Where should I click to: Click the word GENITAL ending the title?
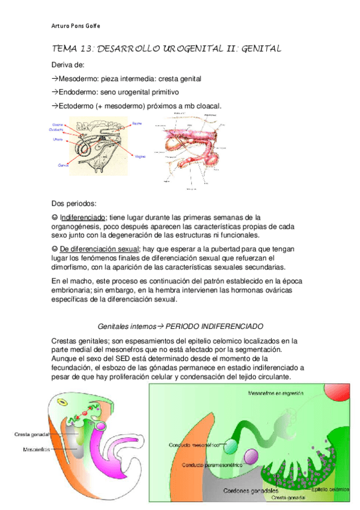click(x=260, y=49)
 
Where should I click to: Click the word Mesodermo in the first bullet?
click(x=78, y=79)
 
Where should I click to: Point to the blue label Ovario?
click(x=58, y=124)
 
